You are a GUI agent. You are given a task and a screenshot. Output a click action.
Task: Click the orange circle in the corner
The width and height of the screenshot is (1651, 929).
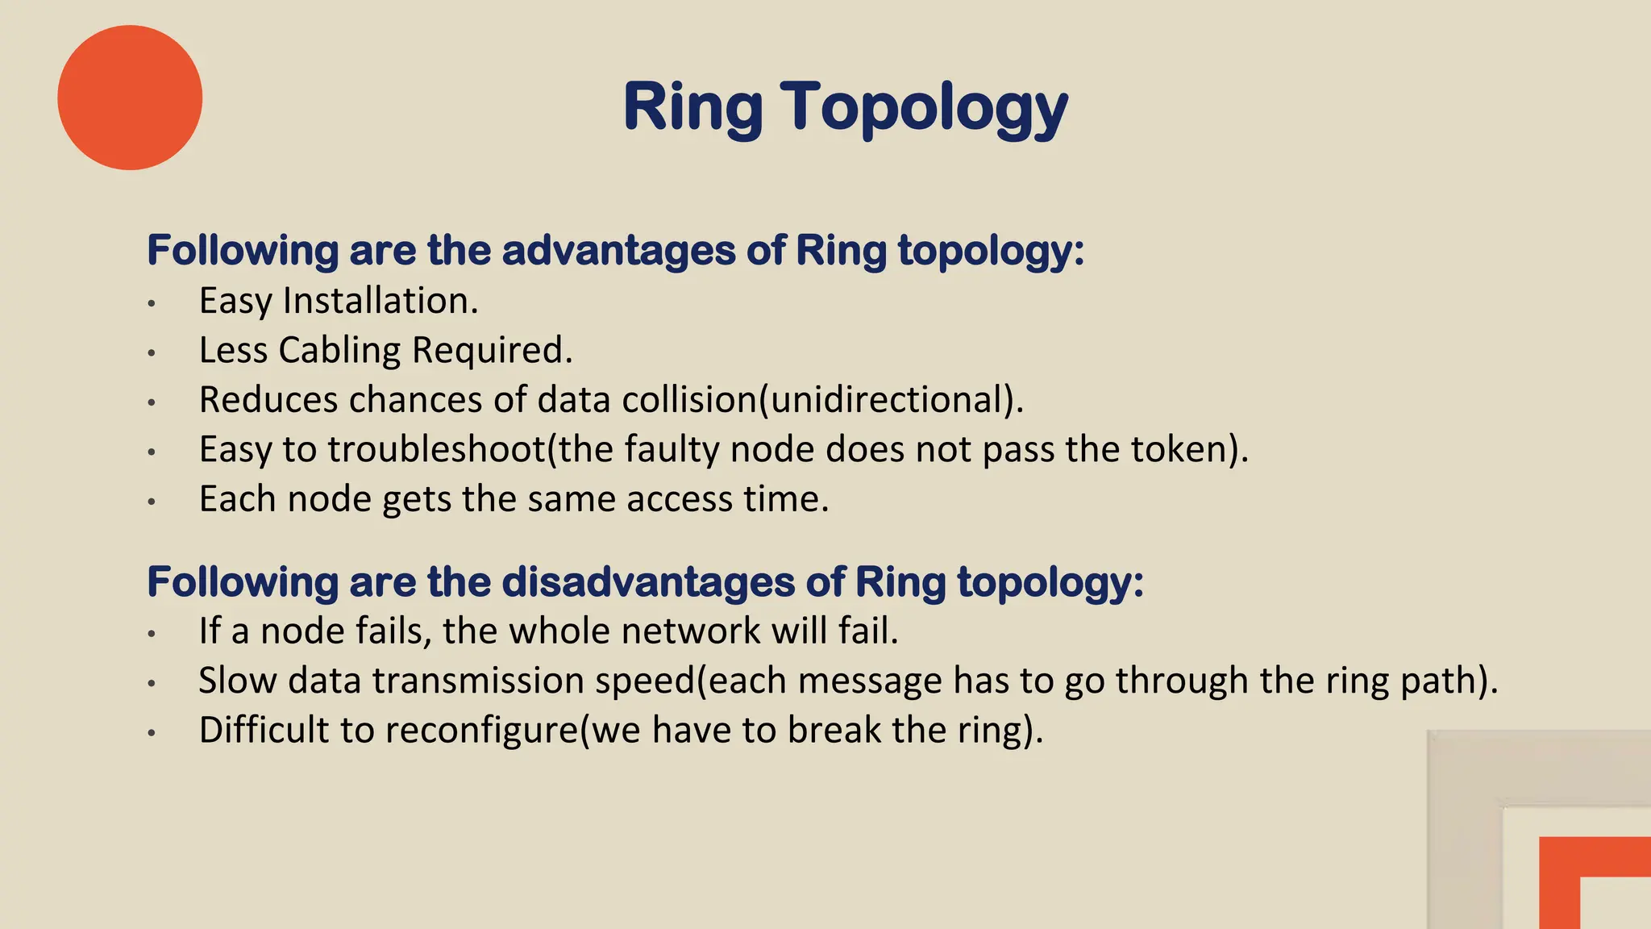(130, 98)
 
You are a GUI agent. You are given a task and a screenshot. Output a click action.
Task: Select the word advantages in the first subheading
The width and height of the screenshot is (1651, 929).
(618, 250)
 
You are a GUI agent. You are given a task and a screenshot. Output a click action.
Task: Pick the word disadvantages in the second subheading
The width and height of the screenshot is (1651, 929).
(648, 581)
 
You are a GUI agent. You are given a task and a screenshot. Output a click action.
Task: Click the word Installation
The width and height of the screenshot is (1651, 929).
(381, 301)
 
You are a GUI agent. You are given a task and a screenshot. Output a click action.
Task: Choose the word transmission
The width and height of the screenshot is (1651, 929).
(478, 681)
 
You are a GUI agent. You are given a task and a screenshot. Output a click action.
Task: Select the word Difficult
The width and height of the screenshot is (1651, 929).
(264, 731)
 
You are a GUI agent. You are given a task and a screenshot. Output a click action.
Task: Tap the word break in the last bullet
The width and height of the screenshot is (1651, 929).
(834, 731)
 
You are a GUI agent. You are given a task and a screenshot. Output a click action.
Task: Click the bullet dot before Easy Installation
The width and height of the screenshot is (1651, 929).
(152, 304)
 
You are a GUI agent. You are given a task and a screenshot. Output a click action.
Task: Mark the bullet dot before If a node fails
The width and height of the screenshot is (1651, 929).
(152, 634)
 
